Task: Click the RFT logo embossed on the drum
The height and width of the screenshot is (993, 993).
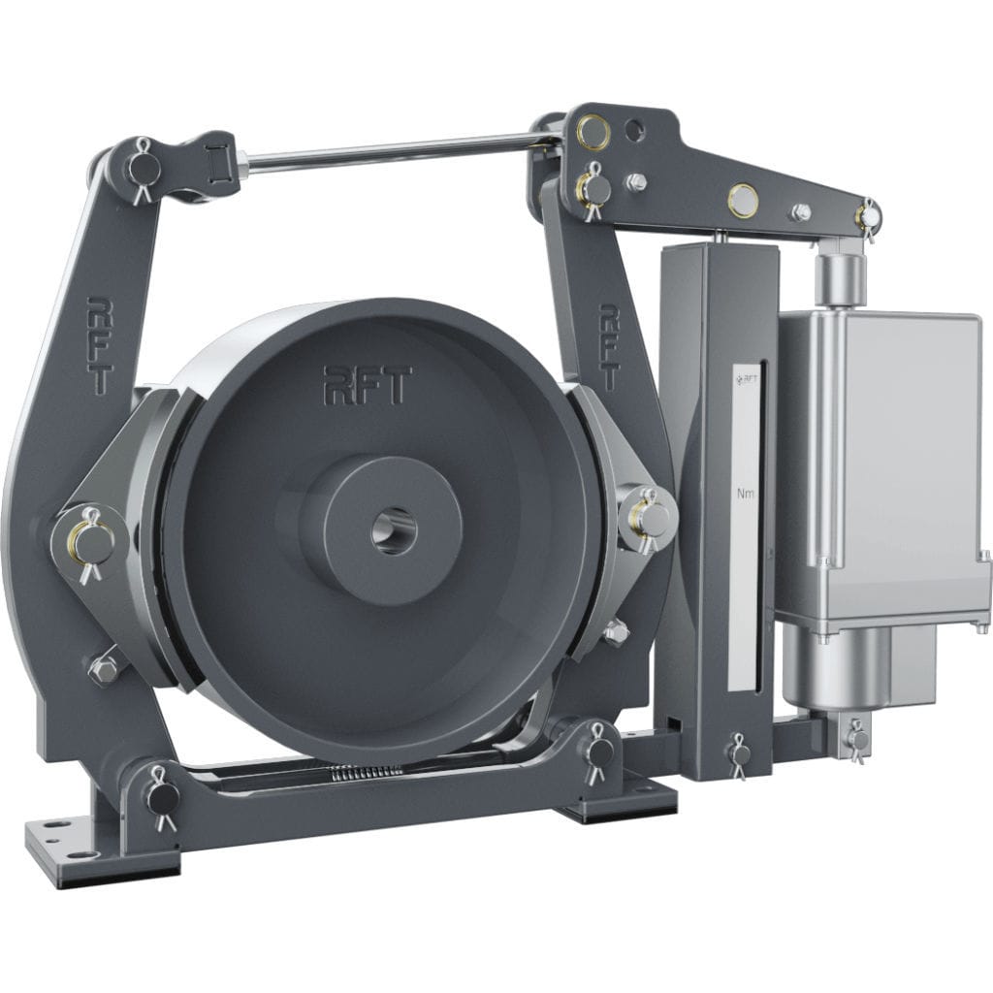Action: coord(368,384)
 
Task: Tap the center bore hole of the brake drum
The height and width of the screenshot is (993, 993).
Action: coord(394,531)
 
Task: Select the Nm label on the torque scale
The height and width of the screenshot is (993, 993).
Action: coord(745,494)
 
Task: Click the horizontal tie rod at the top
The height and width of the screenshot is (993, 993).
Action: coord(388,152)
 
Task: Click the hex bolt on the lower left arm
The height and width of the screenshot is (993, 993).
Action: coord(103,668)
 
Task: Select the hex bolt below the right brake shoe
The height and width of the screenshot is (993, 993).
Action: coord(615,633)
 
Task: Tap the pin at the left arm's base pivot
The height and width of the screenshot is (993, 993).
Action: coord(161,797)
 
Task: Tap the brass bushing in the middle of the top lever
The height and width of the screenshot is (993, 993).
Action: coord(743,199)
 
